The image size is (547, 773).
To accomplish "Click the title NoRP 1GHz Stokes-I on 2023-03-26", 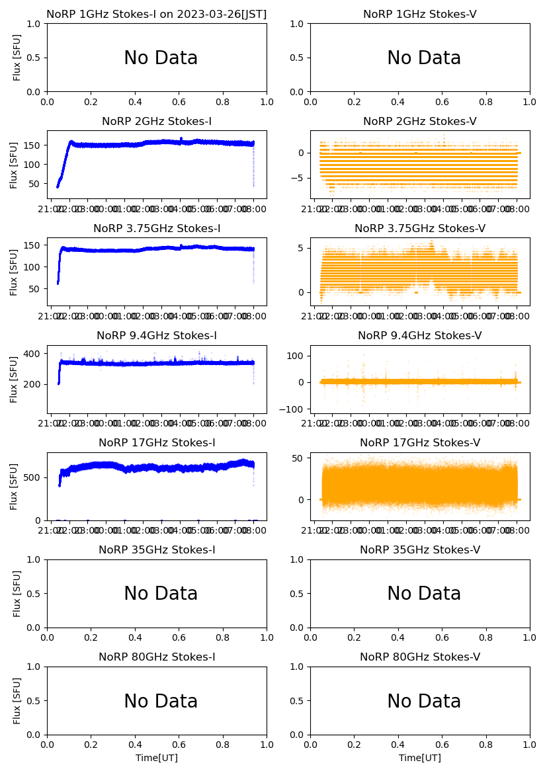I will click(156, 14).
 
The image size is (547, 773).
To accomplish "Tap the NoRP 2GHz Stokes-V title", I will click(420, 121).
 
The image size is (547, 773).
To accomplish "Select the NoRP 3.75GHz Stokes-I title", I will click(157, 228).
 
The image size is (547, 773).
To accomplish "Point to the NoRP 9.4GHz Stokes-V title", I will click(420, 335).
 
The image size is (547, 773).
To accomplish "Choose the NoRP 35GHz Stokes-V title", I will click(420, 549).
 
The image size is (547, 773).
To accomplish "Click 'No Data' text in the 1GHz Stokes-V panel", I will click(424, 58).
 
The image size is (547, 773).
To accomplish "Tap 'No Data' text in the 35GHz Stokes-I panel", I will click(161, 594).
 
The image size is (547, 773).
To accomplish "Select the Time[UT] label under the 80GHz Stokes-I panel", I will click(157, 758).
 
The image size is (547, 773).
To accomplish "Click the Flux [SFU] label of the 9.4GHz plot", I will click(15, 379).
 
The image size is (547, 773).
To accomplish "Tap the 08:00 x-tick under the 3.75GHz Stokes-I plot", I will click(254, 316).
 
